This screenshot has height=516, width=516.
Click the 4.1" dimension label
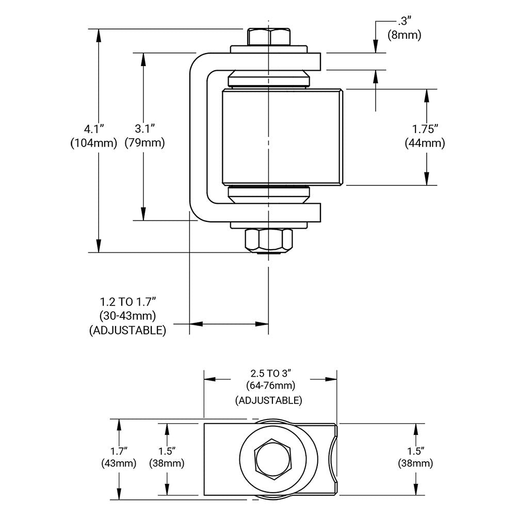tap(94, 127)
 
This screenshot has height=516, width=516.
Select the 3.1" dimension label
tap(145, 127)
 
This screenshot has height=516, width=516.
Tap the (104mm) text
tap(94, 143)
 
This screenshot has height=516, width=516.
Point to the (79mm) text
tap(145, 143)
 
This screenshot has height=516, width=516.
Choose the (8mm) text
tap(404, 36)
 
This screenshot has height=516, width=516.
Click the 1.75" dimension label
tap(425, 127)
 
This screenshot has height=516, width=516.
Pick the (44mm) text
tap(425, 143)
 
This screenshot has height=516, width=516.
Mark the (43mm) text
tap(119, 463)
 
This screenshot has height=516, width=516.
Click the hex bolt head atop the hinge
tap(268, 37)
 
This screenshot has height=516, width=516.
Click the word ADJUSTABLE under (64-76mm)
tap(268, 400)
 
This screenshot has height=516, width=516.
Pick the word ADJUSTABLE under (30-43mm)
tap(127, 330)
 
